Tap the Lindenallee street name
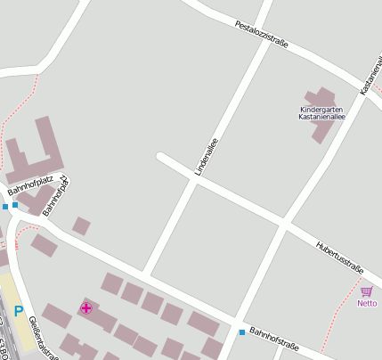[x=207, y=156]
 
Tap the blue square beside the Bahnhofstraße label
[x=241, y=332]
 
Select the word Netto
[x=367, y=303]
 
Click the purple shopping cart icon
[x=367, y=291]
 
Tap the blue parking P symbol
[x=18, y=311]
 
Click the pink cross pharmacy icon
[x=85, y=308]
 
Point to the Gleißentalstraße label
[x=43, y=340]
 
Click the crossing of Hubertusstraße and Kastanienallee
[x=284, y=225]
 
